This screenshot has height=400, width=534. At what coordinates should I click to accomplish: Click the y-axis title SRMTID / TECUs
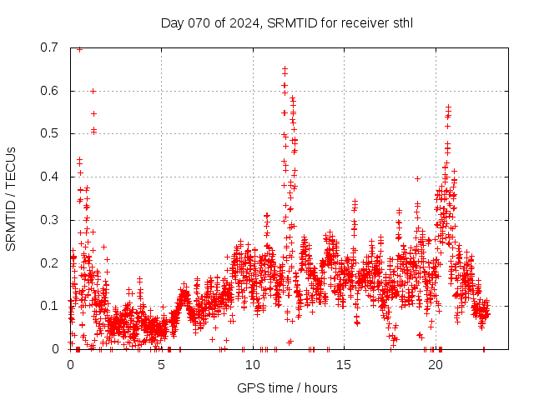point(12,198)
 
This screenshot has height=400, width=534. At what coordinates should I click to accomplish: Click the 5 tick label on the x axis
point(162,365)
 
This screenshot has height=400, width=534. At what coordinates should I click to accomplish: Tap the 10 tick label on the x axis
point(253,365)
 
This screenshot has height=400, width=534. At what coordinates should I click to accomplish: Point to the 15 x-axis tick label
point(345,365)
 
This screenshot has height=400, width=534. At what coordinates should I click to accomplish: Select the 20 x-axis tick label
point(436,365)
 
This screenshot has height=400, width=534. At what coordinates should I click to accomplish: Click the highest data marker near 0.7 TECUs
point(79,48)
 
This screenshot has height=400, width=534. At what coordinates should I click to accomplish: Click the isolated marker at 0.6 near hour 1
point(93,91)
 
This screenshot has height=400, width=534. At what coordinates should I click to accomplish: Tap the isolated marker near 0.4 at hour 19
point(417,177)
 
